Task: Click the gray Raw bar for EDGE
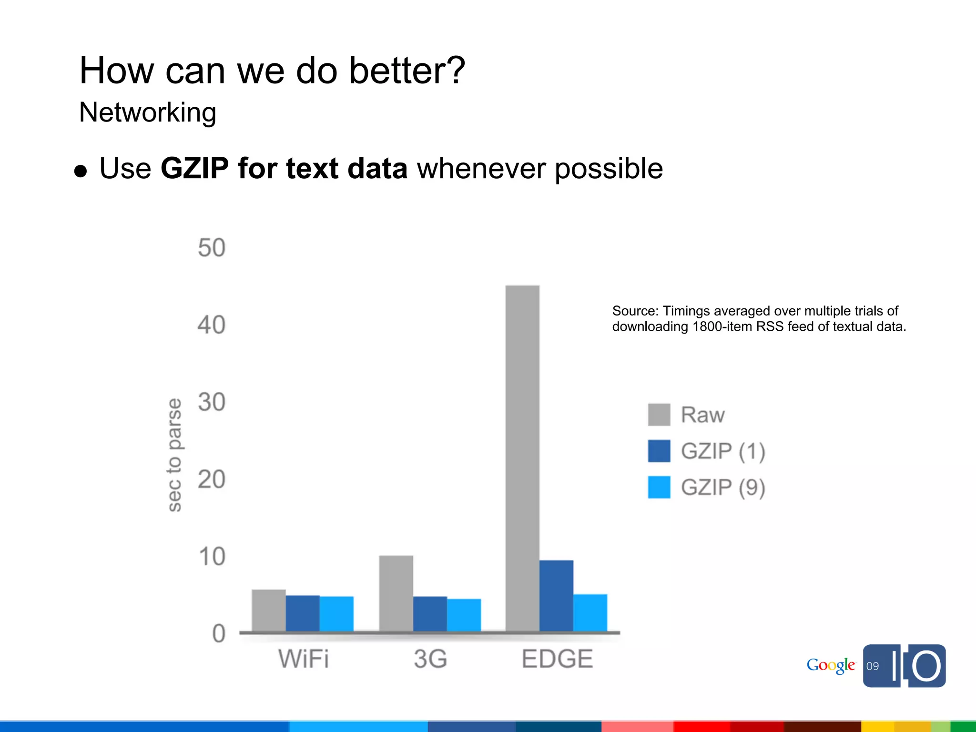tap(522, 457)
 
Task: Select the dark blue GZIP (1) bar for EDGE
tap(556, 596)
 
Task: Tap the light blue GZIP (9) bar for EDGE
tap(590, 613)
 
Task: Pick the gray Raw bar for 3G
tap(396, 593)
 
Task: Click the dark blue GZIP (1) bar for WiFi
tap(303, 613)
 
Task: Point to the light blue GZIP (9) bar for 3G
tap(464, 615)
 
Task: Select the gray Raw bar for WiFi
tap(269, 610)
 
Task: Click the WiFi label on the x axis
tap(304, 659)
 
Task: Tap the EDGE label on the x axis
tap(557, 659)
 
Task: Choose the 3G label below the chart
tap(430, 659)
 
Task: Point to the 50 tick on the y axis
tap(212, 248)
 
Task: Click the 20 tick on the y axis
tap(212, 479)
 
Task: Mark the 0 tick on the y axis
tap(219, 634)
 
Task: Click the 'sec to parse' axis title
tap(175, 455)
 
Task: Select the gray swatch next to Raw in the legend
tap(659, 415)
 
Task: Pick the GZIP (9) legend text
tap(722, 488)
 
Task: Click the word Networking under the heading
tap(148, 113)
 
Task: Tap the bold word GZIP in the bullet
tap(194, 168)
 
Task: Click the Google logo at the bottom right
tap(830, 665)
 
